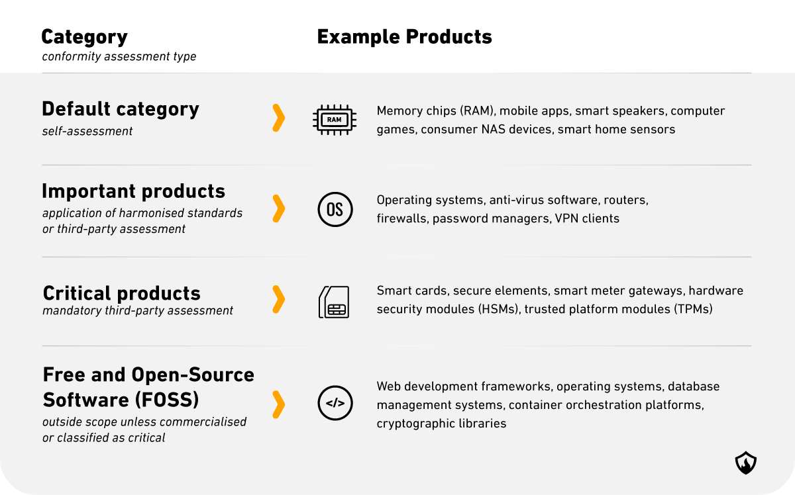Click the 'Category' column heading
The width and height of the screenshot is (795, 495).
point(85,37)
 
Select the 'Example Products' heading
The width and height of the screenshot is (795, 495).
point(404,36)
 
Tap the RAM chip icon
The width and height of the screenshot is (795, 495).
point(335,120)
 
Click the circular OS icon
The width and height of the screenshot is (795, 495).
point(335,209)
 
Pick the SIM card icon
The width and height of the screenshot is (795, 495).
point(334,302)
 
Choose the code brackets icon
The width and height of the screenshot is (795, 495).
point(335,403)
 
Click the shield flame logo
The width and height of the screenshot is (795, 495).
point(746,463)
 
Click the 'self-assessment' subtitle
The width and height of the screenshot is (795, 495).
point(87,131)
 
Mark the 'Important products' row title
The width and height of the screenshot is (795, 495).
point(133,191)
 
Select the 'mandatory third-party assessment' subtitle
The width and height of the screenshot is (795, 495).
point(138,310)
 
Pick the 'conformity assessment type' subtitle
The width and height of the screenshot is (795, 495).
point(119,56)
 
